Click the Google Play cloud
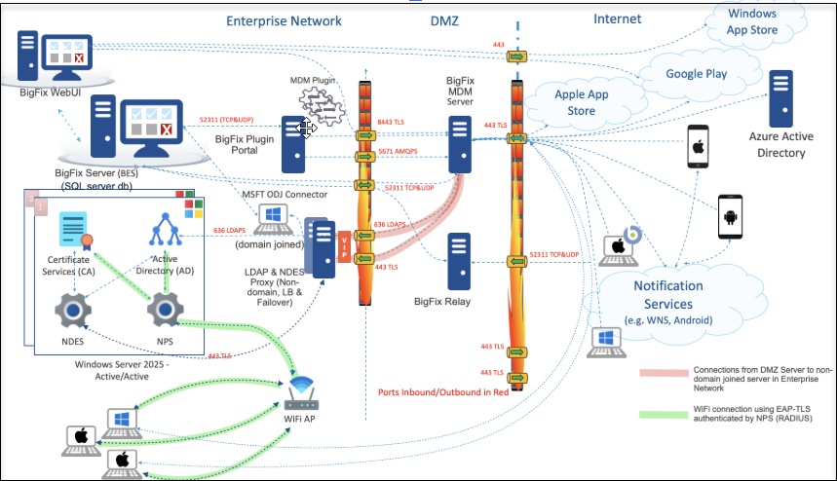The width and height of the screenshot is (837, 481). tap(697, 74)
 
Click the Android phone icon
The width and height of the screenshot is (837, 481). tap(732, 215)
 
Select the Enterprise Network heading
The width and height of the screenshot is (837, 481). tap(284, 19)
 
